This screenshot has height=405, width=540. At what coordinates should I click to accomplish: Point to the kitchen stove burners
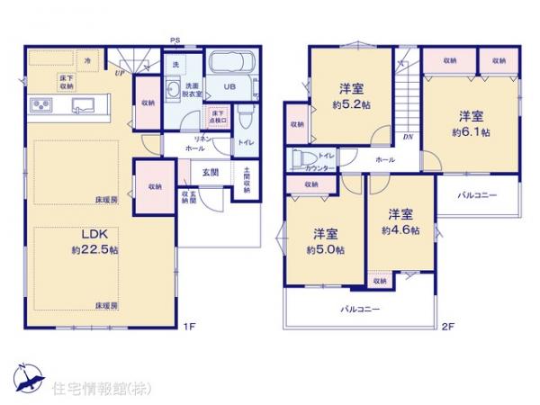42,105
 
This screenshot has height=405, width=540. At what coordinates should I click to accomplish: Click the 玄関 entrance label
211,171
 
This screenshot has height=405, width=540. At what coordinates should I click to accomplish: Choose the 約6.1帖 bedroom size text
472,131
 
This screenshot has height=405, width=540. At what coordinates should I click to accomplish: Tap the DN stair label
407,136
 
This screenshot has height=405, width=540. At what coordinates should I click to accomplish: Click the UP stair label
119,73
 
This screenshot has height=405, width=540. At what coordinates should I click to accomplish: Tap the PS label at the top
175,39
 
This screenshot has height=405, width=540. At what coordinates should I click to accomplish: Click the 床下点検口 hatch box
218,115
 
